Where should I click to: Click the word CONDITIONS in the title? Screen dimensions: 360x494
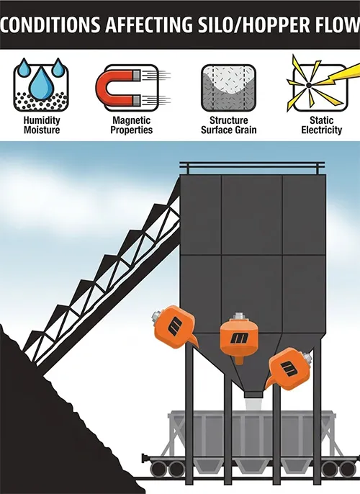point(50,25)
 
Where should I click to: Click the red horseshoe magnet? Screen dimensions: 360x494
point(117,88)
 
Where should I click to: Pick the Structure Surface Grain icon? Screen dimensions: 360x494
point(228,88)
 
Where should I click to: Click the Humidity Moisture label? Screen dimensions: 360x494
point(42,125)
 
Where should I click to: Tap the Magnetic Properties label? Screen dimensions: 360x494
point(131,125)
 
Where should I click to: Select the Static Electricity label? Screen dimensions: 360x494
point(321,125)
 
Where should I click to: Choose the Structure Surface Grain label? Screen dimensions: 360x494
point(229,125)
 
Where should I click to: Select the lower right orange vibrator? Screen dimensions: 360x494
point(289,369)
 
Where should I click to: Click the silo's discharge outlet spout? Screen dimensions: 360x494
point(253,394)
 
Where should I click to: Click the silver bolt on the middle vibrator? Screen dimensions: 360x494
point(239,316)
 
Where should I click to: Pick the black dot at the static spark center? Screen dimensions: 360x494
point(309,85)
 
